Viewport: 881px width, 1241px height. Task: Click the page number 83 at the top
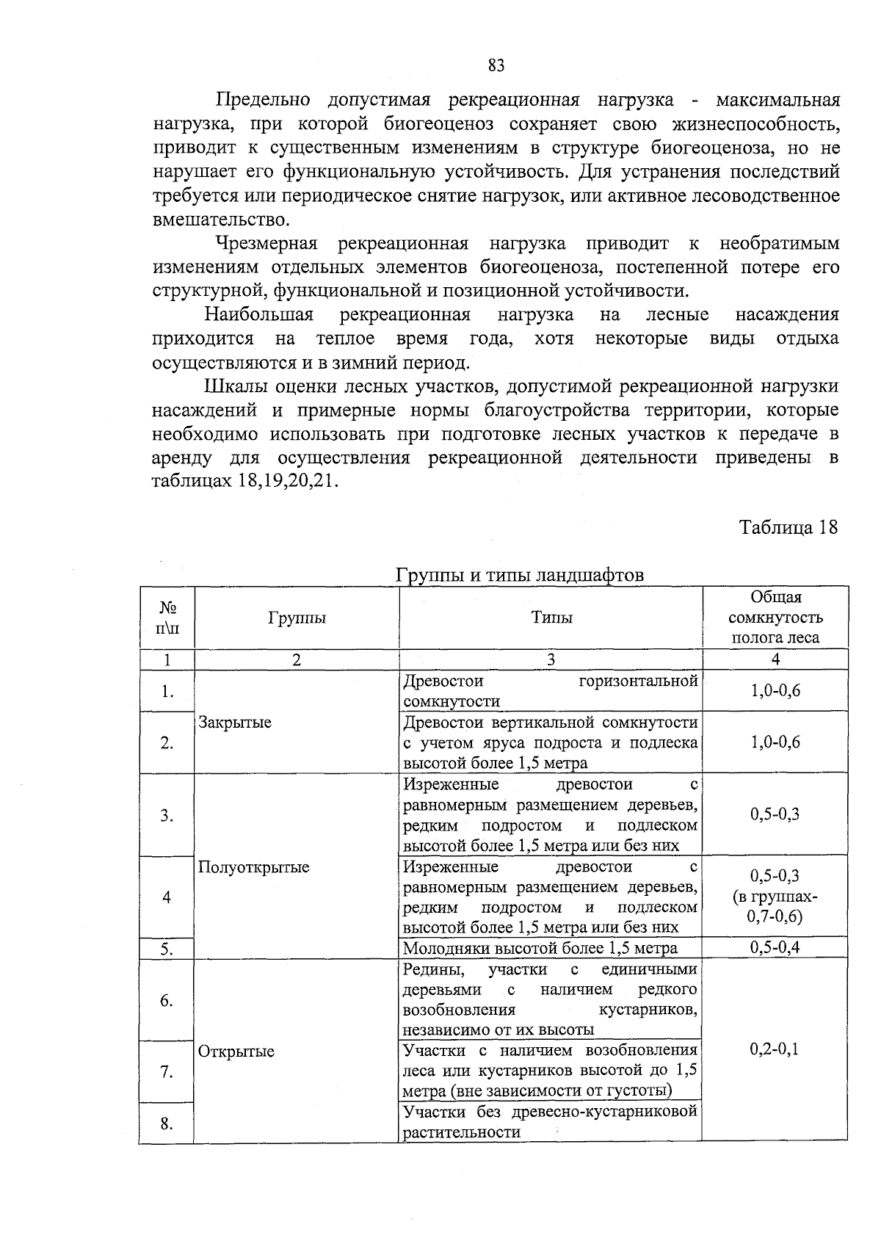point(496,66)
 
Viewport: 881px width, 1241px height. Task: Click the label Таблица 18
point(788,528)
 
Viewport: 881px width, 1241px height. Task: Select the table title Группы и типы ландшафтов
point(520,575)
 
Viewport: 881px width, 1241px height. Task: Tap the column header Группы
point(297,618)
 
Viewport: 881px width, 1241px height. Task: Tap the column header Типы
point(551,618)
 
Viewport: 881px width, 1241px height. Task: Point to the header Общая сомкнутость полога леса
point(775,618)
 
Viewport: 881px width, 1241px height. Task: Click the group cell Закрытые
point(235,722)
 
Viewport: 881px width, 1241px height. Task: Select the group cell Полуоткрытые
point(254,867)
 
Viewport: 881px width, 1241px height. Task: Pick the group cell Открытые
point(236,1051)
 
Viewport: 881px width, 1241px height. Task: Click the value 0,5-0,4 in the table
point(775,947)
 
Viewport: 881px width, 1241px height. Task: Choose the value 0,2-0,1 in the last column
point(775,1049)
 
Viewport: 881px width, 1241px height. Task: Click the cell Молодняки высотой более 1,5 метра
point(540,948)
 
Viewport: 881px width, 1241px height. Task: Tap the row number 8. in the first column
point(167,1124)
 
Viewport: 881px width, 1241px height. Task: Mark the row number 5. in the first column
point(167,949)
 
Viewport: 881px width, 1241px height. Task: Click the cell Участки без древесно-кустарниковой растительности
point(550,1122)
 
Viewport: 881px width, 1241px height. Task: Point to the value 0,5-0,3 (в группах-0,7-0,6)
point(775,896)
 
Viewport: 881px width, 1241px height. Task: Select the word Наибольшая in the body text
point(259,315)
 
